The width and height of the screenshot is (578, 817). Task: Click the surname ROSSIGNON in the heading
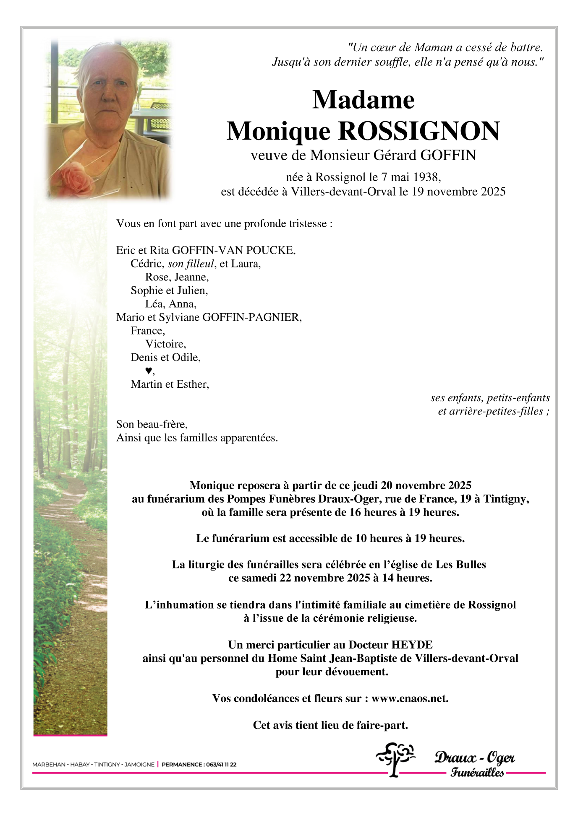[418, 131]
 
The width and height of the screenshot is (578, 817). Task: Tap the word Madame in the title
[364, 100]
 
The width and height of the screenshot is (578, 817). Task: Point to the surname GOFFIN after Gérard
[448, 156]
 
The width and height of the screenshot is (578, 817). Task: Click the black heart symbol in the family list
[148, 371]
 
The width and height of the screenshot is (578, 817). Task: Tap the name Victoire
[165, 344]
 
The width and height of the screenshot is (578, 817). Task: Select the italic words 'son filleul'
[191, 264]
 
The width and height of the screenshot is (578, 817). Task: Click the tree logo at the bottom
[395, 759]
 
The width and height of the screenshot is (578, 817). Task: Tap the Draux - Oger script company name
[474, 758]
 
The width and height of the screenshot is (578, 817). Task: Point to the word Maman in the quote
[434, 47]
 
